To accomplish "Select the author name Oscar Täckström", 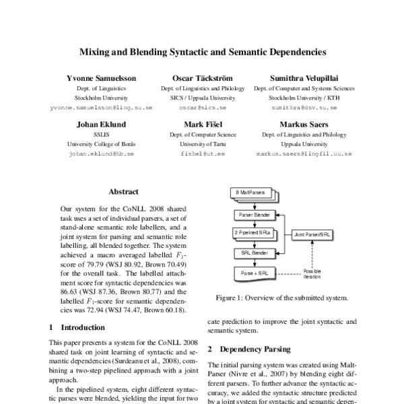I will pyautogui.click(x=203, y=78).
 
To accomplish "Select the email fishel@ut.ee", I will pyautogui.click(x=203, y=154).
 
